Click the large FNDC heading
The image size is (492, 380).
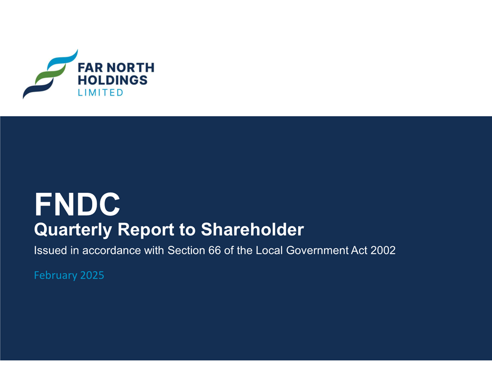(77, 204)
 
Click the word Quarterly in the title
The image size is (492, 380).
(73, 230)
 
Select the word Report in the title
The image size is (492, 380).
(146, 230)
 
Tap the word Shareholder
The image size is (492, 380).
(252, 229)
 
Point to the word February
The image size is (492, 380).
(55, 276)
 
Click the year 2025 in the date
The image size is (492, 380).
(92, 275)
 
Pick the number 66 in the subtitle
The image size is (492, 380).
(214, 250)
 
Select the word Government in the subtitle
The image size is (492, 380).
(317, 250)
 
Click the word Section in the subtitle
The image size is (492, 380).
(186, 250)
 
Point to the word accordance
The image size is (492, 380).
(111, 250)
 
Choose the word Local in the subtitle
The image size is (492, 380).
(269, 250)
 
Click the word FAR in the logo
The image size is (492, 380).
(90, 68)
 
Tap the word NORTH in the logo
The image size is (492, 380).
(130, 68)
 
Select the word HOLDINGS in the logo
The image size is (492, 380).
(112, 80)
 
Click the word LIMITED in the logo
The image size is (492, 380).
(101, 93)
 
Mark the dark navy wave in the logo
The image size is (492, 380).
(38, 88)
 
